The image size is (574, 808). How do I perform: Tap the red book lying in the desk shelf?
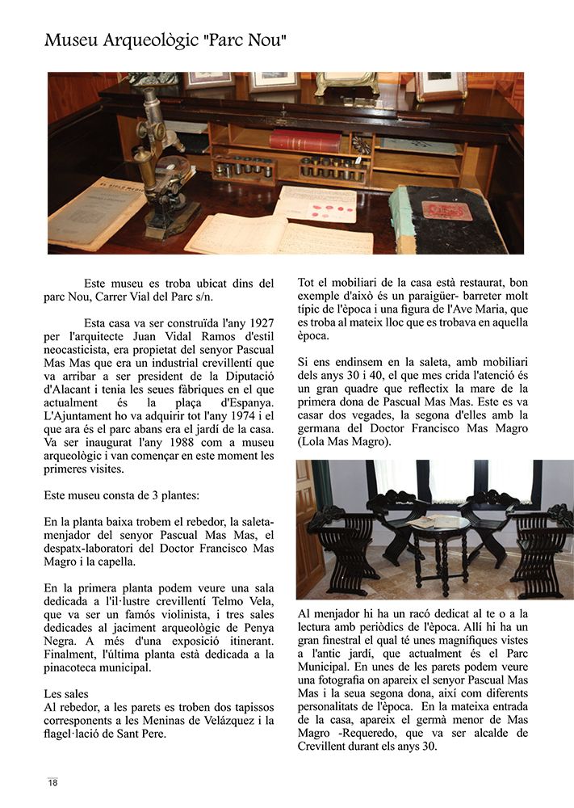pos(304,141)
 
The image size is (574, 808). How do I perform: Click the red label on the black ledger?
pos(446,211)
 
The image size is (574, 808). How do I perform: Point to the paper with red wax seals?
pos(316,204)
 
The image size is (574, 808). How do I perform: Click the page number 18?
pos(52,782)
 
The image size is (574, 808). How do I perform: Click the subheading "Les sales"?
pos(67,694)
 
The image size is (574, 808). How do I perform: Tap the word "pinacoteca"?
pos(79,668)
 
